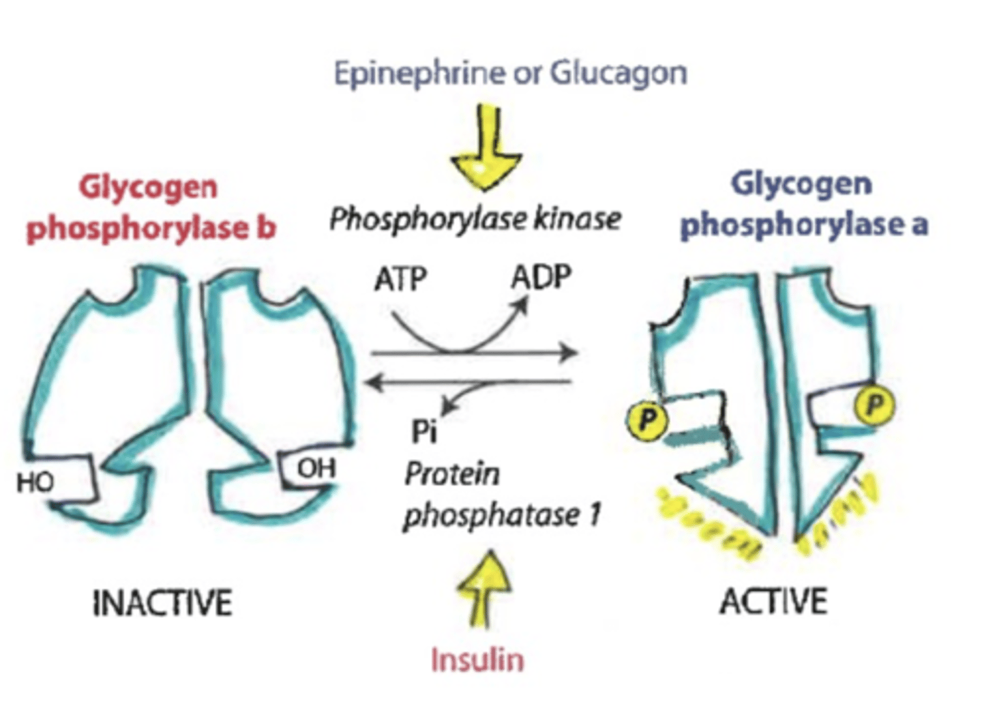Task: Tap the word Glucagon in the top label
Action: [x=618, y=73]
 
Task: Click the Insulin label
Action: [x=477, y=660]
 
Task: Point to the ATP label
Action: [x=400, y=279]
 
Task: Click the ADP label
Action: [x=541, y=278]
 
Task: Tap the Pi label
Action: [x=424, y=431]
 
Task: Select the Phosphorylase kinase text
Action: [x=475, y=220]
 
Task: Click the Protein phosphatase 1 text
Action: [x=501, y=495]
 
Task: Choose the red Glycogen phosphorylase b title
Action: [x=150, y=207]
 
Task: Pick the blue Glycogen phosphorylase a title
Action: [x=803, y=204]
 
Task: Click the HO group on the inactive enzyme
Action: [x=35, y=482]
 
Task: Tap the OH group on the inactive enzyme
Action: [x=316, y=468]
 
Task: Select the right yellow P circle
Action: [x=874, y=405]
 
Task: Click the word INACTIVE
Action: [x=162, y=603]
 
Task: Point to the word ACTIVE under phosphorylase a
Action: [x=773, y=602]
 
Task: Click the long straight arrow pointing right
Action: [x=475, y=353]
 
